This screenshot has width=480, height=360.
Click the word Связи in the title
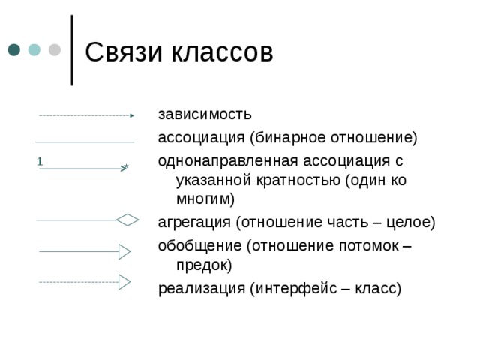pyautogui.click(x=123, y=52)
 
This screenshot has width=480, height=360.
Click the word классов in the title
pyautogui.click(x=222, y=52)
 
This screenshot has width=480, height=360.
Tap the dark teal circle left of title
pyautogui.click(x=14, y=50)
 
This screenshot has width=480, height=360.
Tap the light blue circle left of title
pyautogui.click(x=34, y=50)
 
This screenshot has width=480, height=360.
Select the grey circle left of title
pyautogui.click(x=55, y=50)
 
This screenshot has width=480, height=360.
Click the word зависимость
pyautogui.click(x=205, y=115)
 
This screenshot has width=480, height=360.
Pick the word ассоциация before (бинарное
pyautogui.click(x=201, y=138)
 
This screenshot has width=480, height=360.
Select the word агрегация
pyautogui.click(x=194, y=223)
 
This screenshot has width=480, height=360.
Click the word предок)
pyautogui.click(x=204, y=265)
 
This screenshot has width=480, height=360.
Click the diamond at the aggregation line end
pyautogui.click(x=127, y=220)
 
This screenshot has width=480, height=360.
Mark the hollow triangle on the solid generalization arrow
pyautogui.click(x=124, y=251)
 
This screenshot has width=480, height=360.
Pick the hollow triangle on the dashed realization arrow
pyautogui.click(x=124, y=282)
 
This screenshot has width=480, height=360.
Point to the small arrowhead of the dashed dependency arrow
pyautogui.click(x=131, y=116)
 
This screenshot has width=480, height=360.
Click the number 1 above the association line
pyautogui.click(x=39, y=161)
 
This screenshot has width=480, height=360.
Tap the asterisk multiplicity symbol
pyautogui.click(x=127, y=166)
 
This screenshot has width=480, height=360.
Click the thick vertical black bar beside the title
pyautogui.click(x=71, y=49)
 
